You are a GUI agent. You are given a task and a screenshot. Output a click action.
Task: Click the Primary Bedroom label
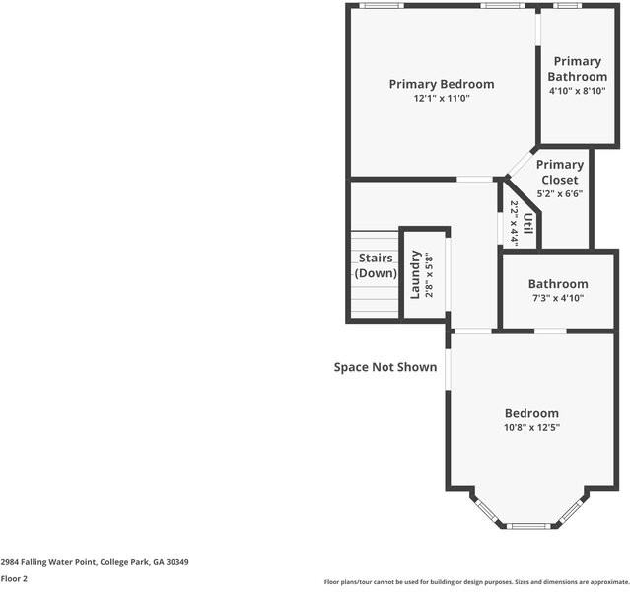click(442, 84)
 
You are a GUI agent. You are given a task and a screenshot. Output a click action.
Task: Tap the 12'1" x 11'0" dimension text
click(442, 98)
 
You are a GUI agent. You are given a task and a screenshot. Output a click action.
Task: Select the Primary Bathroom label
click(578, 69)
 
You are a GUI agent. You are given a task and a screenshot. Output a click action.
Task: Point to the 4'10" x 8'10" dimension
click(578, 91)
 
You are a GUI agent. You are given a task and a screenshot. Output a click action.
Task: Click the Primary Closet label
click(560, 172)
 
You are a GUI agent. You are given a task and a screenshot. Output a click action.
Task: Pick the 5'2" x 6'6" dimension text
click(560, 193)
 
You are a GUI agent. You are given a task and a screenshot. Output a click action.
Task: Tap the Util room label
click(527, 223)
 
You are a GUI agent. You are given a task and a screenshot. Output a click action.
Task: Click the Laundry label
click(415, 274)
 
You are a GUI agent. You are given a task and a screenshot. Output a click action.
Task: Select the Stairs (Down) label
click(376, 265)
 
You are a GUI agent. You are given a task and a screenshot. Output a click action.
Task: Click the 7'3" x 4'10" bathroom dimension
click(558, 298)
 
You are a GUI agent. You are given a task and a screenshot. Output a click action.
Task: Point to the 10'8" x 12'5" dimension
click(531, 427)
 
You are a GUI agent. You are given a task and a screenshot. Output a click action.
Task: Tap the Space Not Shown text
click(385, 367)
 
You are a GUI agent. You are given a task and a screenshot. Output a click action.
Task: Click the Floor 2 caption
click(14, 579)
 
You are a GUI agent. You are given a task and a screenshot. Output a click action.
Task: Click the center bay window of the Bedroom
click(528, 526)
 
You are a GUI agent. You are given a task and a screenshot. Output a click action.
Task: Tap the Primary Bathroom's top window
click(567, 6)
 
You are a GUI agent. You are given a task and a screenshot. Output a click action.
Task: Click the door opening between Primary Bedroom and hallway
click(474, 179)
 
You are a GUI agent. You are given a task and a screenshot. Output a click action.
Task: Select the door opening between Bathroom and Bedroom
click(550, 331)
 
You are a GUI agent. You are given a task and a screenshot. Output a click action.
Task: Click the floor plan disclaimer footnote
click(476, 582)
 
